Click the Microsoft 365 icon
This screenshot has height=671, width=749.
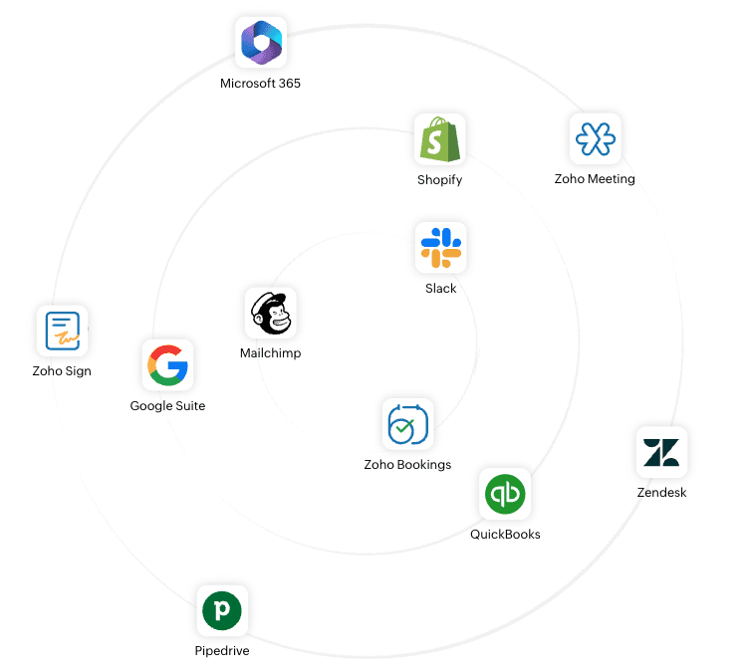point(261,43)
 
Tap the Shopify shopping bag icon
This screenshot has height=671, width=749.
point(439,139)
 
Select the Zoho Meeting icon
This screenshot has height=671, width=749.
point(596,138)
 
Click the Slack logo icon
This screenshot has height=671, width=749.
point(440,247)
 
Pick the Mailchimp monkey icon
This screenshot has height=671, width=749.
point(270,314)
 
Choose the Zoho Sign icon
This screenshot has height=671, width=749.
point(62,332)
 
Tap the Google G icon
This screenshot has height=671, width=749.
point(167,365)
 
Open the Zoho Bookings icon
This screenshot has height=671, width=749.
point(407,424)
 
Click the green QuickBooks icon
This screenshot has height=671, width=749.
point(505,494)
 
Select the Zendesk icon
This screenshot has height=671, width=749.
point(661,452)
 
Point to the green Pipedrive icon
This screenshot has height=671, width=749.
point(222,609)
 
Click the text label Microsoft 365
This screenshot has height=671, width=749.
point(260,84)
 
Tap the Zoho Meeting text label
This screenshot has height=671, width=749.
point(595,179)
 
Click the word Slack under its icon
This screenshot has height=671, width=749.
point(440,289)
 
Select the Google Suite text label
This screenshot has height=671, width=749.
point(167,406)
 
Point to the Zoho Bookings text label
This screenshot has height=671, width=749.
point(407,465)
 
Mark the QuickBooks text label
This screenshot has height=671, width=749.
point(505,535)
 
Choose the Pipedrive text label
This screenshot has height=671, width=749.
point(222,651)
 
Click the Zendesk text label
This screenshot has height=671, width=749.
point(661,493)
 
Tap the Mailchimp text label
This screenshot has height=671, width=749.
point(270,353)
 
